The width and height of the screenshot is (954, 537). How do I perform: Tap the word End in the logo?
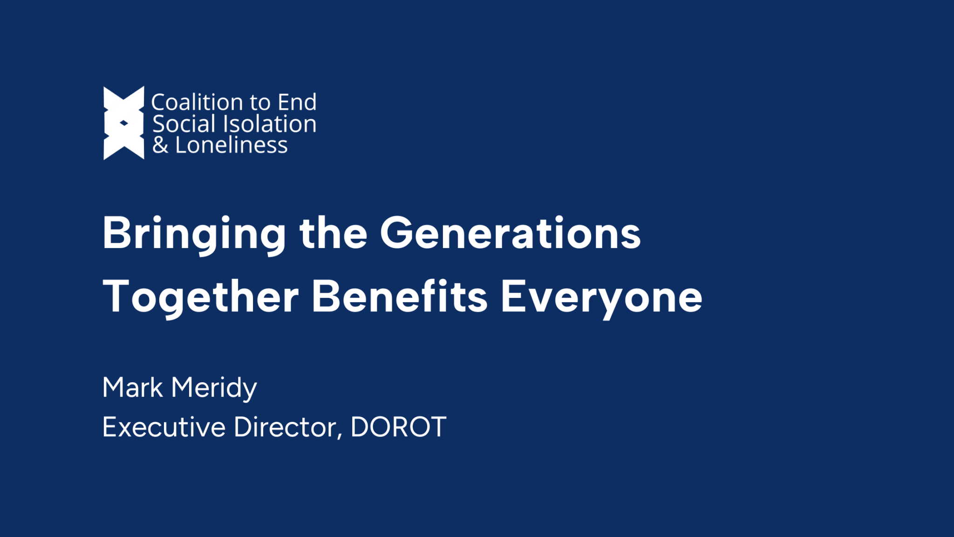pyautogui.click(x=297, y=103)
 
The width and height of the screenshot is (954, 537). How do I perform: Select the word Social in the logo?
pyautogui.click(x=184, y=124)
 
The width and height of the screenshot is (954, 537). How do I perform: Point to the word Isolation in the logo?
pyautogui.click(x=270, y=124)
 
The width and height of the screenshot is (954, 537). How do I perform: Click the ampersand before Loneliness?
pyautogui.click(x=160, y=145)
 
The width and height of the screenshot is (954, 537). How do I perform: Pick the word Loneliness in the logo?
pyautogui.click(x=232, y=145)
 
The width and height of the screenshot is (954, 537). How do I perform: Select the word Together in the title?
pyautogui.click(x=201, y=297)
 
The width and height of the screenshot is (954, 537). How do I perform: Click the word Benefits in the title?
pyautogui.click(x=399, y=296)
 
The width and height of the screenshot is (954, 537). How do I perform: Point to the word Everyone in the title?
pyautogui.click(x=601, y=297)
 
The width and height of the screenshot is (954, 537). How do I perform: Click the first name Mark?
pyautogui.click(x=133, y=387)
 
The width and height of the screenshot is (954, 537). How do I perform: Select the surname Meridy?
pyautogui.click(x=214, y=388)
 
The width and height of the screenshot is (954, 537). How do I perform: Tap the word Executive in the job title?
pyautogui.click(x=164, y=427)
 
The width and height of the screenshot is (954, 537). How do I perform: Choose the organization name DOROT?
pyautogui.click(x=398, y=427)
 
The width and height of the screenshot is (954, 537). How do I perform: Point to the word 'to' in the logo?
pyautogui.click(x=260, y=103)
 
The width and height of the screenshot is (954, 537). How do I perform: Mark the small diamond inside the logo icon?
pyautogui.click(x=124, y=123)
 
